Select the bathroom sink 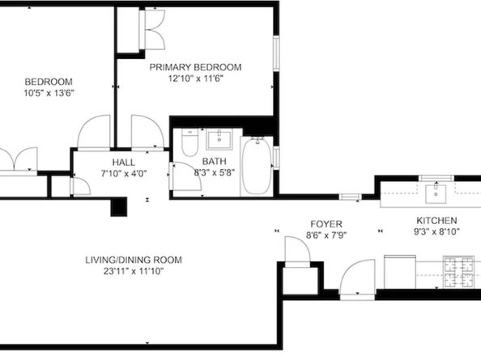219,141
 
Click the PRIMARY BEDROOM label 194,68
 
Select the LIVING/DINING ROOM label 134,260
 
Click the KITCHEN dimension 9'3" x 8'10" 436,232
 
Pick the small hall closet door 79,186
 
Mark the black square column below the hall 118,208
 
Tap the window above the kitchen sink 350,197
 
